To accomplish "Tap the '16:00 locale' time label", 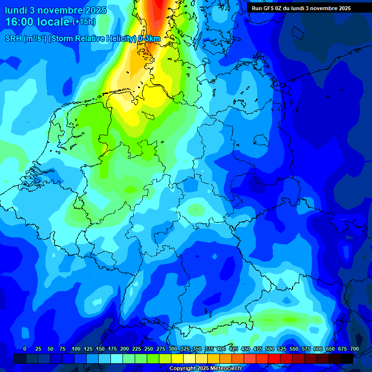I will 38,22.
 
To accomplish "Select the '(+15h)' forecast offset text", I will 84,22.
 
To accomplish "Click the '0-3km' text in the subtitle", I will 149,39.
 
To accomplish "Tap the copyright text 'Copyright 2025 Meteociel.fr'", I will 205,369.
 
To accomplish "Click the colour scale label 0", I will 25,349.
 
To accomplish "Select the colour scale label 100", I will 76,349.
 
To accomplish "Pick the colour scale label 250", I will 149,349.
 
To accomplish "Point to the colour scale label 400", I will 221,349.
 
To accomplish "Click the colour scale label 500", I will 270,349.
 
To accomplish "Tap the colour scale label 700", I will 355,349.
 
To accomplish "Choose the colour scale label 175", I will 112,349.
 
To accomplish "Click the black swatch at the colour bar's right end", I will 347,359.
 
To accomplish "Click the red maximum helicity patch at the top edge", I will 158,6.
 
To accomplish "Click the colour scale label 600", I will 318,349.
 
